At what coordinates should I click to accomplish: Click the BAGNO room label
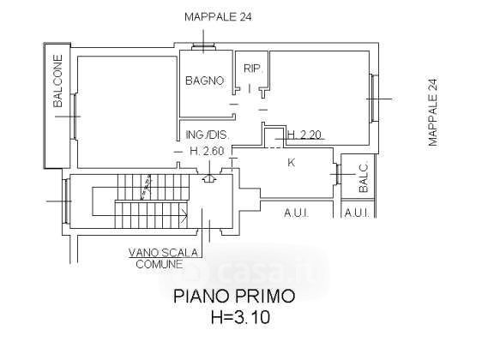204,81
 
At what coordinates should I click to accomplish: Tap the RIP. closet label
252,69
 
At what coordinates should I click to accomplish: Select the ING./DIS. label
208,135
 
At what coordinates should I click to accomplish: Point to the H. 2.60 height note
207,151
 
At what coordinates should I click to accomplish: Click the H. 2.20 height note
304,135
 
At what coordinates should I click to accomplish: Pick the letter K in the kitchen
292,162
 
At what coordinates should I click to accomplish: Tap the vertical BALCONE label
57,81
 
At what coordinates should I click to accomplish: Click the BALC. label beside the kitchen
363,177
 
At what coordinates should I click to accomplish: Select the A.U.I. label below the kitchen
296,213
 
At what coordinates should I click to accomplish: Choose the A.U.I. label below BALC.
357,213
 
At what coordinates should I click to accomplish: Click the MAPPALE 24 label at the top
218,17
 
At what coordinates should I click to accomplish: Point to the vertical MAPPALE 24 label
433,112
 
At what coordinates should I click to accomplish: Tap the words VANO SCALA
164,252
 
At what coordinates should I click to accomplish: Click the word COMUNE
159,265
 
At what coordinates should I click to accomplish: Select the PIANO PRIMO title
234,296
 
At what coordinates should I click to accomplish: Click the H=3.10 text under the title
240,318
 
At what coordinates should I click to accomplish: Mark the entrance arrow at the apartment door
209,178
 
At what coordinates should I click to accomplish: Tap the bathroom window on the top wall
203,46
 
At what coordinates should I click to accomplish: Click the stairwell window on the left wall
66,201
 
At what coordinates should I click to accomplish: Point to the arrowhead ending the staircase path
184,214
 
